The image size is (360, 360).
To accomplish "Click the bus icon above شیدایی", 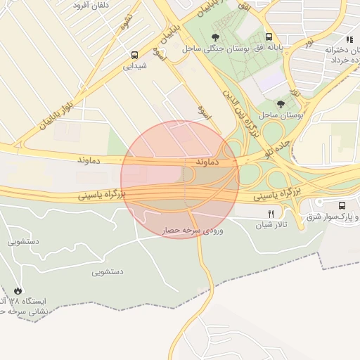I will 134,54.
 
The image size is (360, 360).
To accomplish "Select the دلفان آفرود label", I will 94,4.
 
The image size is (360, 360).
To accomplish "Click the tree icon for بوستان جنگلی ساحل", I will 215,37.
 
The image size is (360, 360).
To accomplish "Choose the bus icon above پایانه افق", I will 269,37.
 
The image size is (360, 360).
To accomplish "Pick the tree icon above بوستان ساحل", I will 281,103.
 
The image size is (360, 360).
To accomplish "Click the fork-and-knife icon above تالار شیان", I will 271,212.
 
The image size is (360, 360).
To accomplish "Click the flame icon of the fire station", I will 18,290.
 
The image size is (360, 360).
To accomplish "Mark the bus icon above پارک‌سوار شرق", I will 342,205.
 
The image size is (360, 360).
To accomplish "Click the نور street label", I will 308,44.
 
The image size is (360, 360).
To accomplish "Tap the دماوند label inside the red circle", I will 210,162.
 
